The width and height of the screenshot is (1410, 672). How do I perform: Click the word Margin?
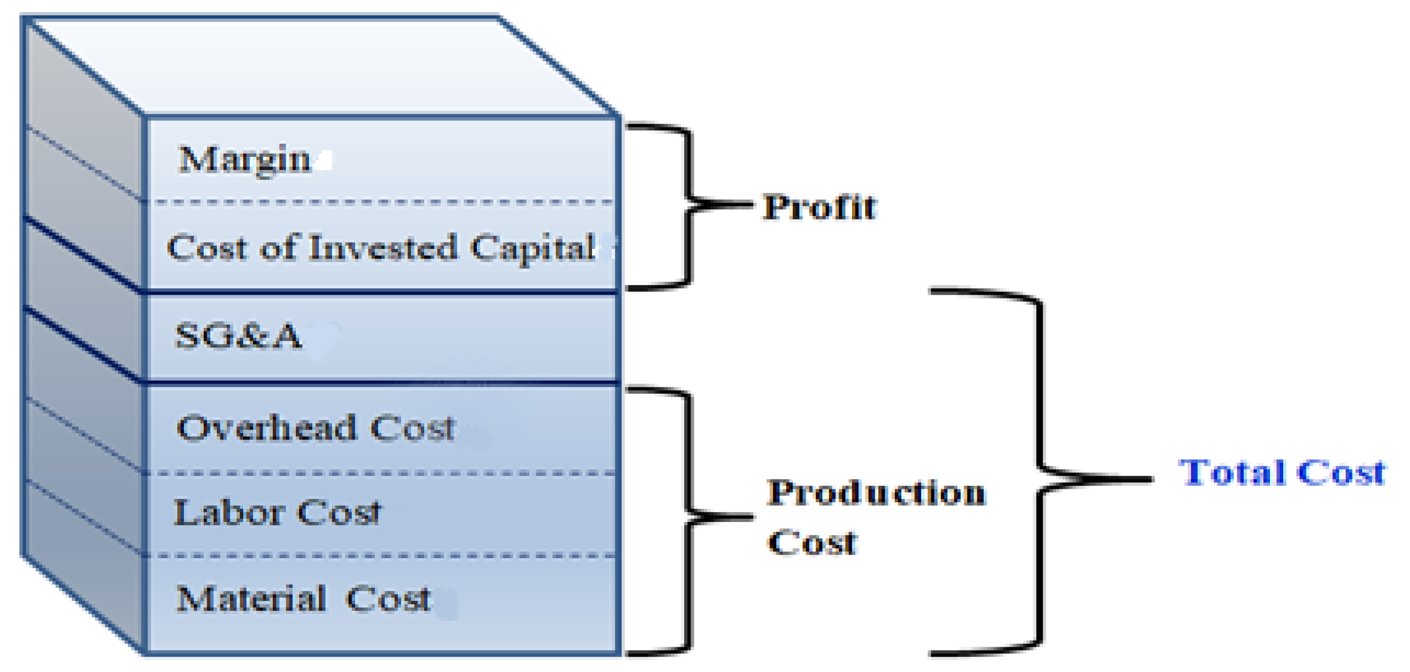[244, 160]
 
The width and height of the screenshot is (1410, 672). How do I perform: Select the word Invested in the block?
[383, 247]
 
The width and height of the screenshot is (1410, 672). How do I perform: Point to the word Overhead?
[266, 428]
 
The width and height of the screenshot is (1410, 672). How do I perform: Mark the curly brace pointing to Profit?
[689, 205]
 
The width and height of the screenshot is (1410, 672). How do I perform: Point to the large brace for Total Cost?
[1040, 476]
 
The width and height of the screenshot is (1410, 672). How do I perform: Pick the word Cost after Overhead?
[412, 428]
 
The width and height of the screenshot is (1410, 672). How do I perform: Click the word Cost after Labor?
[339, 513]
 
